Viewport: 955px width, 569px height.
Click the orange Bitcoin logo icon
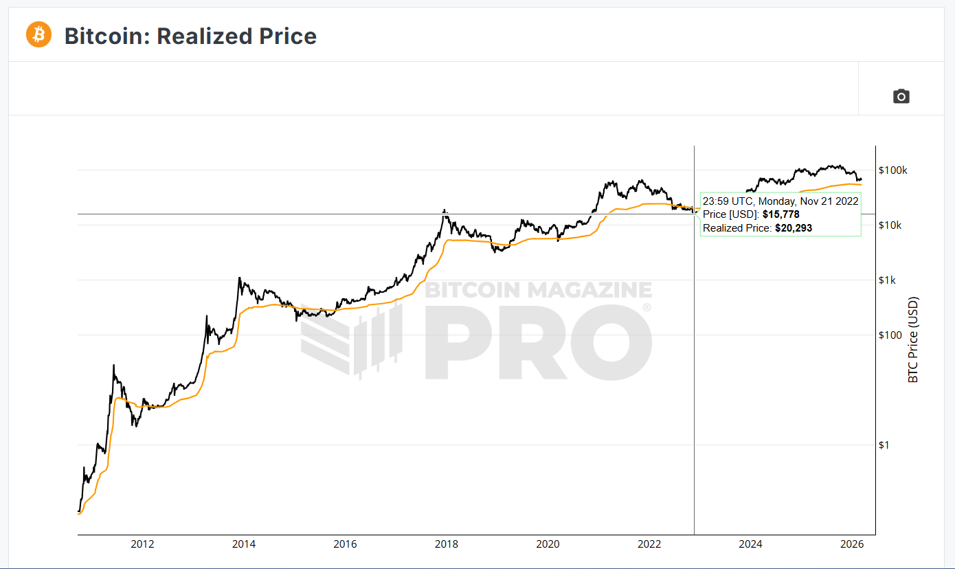pos(38,34)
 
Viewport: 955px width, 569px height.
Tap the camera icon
pos(901,96)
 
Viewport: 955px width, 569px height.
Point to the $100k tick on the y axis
pos(893,170)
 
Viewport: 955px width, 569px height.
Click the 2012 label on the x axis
pos(142,544)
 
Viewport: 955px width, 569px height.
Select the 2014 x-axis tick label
pos(244,544)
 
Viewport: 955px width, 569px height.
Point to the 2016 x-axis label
pos(345,544)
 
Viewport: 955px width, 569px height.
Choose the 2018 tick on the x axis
pos(447,544)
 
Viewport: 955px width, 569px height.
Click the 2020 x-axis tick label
pos(548,544)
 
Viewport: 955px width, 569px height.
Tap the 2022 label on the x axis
pos(649,544)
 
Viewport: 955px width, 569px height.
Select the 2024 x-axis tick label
pos(750,544)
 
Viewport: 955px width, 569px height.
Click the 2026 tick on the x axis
pos(852,544)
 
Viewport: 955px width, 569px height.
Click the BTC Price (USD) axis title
pos(913,340)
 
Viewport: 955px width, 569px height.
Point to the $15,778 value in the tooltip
pos(780,214)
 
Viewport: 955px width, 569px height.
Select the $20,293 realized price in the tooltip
pos(793,227)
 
